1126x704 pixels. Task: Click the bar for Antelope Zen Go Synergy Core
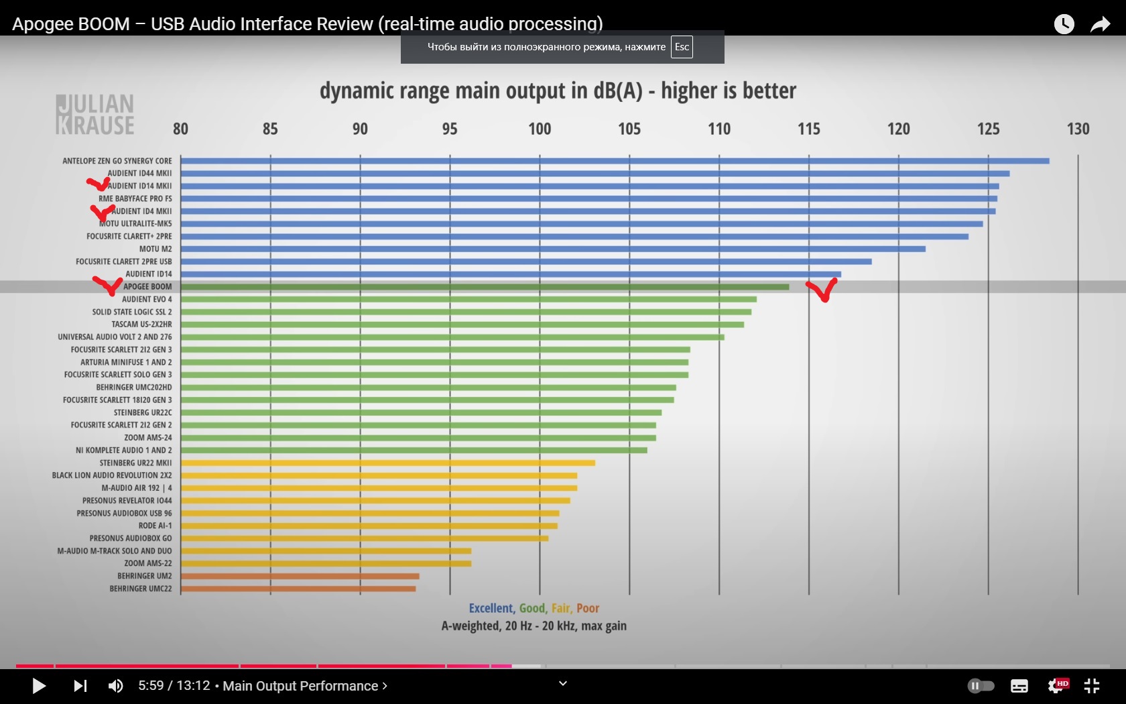[615, 161]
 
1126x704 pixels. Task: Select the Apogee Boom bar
[485, 287]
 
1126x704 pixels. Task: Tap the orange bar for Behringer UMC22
[298, 589]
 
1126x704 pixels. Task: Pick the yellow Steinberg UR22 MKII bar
[387, 463]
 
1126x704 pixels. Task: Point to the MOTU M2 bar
[553, 249]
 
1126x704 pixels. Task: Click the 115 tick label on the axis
[808, 129]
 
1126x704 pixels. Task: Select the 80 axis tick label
[180, 129]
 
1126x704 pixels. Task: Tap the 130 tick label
[1078, 129]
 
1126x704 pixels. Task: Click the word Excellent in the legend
[491, 608]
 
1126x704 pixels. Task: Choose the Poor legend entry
[588, 608]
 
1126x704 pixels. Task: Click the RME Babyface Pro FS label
[135, 198]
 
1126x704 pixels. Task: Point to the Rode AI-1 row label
[155, 526]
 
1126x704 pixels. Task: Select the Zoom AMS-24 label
[147, 438]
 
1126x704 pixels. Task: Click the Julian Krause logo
[95, 115]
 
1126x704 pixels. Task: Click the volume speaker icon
[115, 686]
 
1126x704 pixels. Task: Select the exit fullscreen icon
[1092, 686]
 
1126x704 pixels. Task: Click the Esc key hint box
[682, 47]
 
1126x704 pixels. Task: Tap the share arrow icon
[1100, 25]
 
